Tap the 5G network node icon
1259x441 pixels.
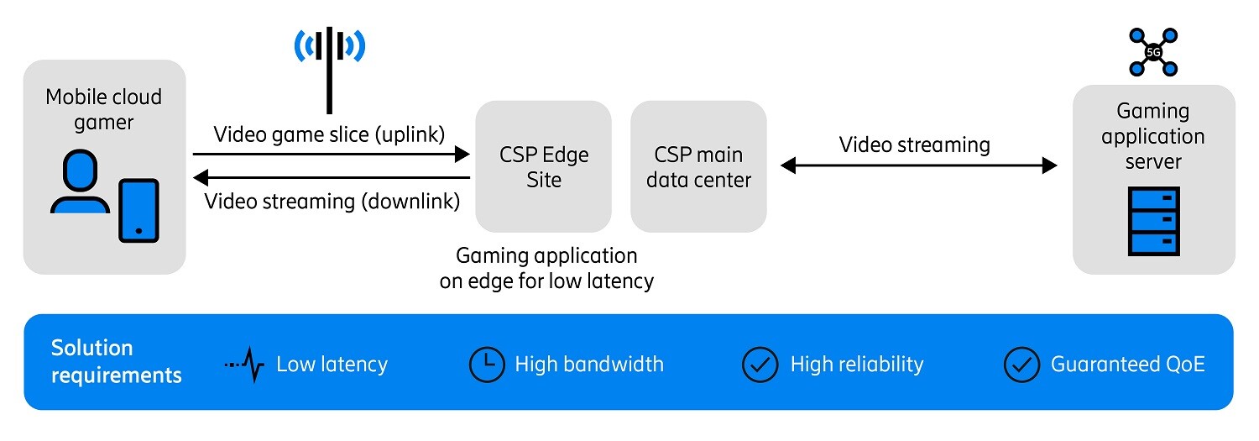pos(1152,51)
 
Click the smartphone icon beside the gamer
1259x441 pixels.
pos(138,210)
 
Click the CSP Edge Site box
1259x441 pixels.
pos(543,166)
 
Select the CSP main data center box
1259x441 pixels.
pos(698,166)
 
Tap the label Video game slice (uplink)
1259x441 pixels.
pos(328,134)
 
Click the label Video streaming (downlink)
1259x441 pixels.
pos(332,202)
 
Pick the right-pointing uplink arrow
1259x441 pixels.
pos(331,155)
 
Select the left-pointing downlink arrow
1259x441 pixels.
pos(331,177)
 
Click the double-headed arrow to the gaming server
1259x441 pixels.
pos(918,166)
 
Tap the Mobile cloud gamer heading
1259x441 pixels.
pos(103,109)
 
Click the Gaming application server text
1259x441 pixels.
pos(1152,136)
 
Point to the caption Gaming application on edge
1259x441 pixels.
pos(546,268)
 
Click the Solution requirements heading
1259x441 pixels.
pos(116,361)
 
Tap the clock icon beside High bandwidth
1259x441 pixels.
pos(486,365)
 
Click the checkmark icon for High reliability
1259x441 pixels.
pos(760,365)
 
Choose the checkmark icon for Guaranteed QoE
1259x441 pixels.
pos(1021,365)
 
